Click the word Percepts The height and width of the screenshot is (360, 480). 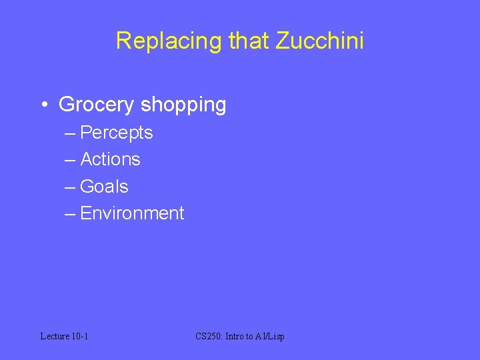click(116, 133)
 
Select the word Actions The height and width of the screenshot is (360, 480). click(110, 159)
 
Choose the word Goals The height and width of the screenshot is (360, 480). click(104, 187)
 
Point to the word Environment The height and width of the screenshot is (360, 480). click(132, 213)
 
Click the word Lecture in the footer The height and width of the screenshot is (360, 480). click(55, 336)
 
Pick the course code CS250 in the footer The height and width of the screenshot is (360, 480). click(209, 336)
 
